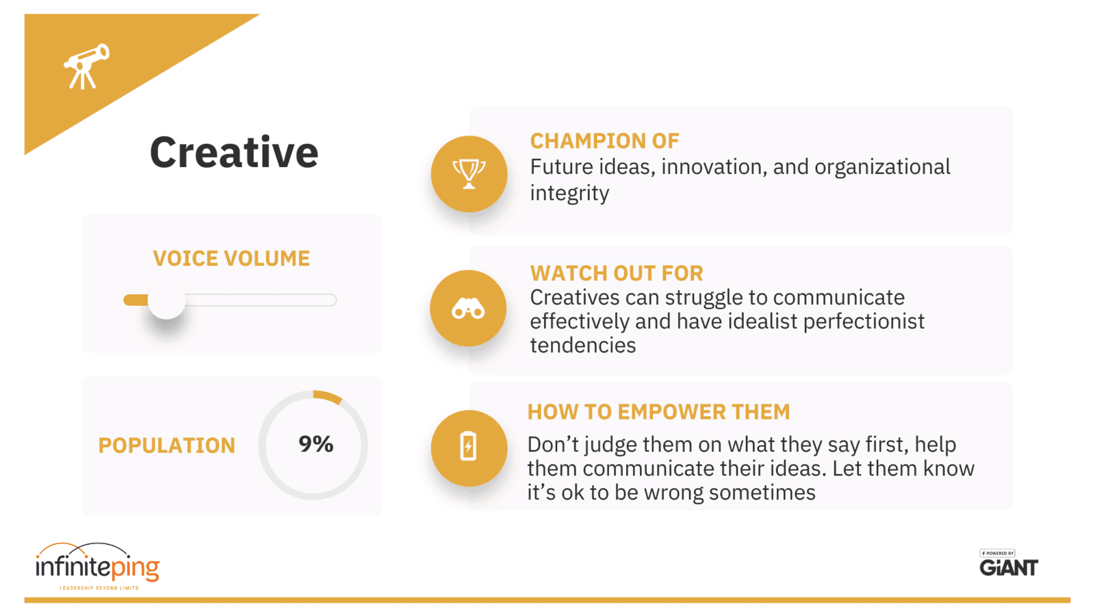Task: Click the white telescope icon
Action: tap(86, 66)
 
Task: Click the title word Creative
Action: tap(234, 153)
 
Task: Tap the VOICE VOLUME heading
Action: tap(231, 259)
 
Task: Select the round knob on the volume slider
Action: tap(166, 300)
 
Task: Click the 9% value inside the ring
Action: tap(315, 444)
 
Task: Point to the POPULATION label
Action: tap(166, 446)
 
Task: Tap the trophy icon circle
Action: tap(469, 174)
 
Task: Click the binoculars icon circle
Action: tap(468, 309)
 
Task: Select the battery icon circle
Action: tap(469, 448)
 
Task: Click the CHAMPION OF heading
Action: tap(604, 141)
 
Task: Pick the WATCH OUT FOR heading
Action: tap(616, 273)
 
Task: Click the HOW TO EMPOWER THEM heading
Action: tap(658, 412)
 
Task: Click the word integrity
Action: tap(569, 194)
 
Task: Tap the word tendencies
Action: tap(582, 346)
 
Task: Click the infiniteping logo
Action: tap(97, 567)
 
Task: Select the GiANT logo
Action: tap(1008, 565)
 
